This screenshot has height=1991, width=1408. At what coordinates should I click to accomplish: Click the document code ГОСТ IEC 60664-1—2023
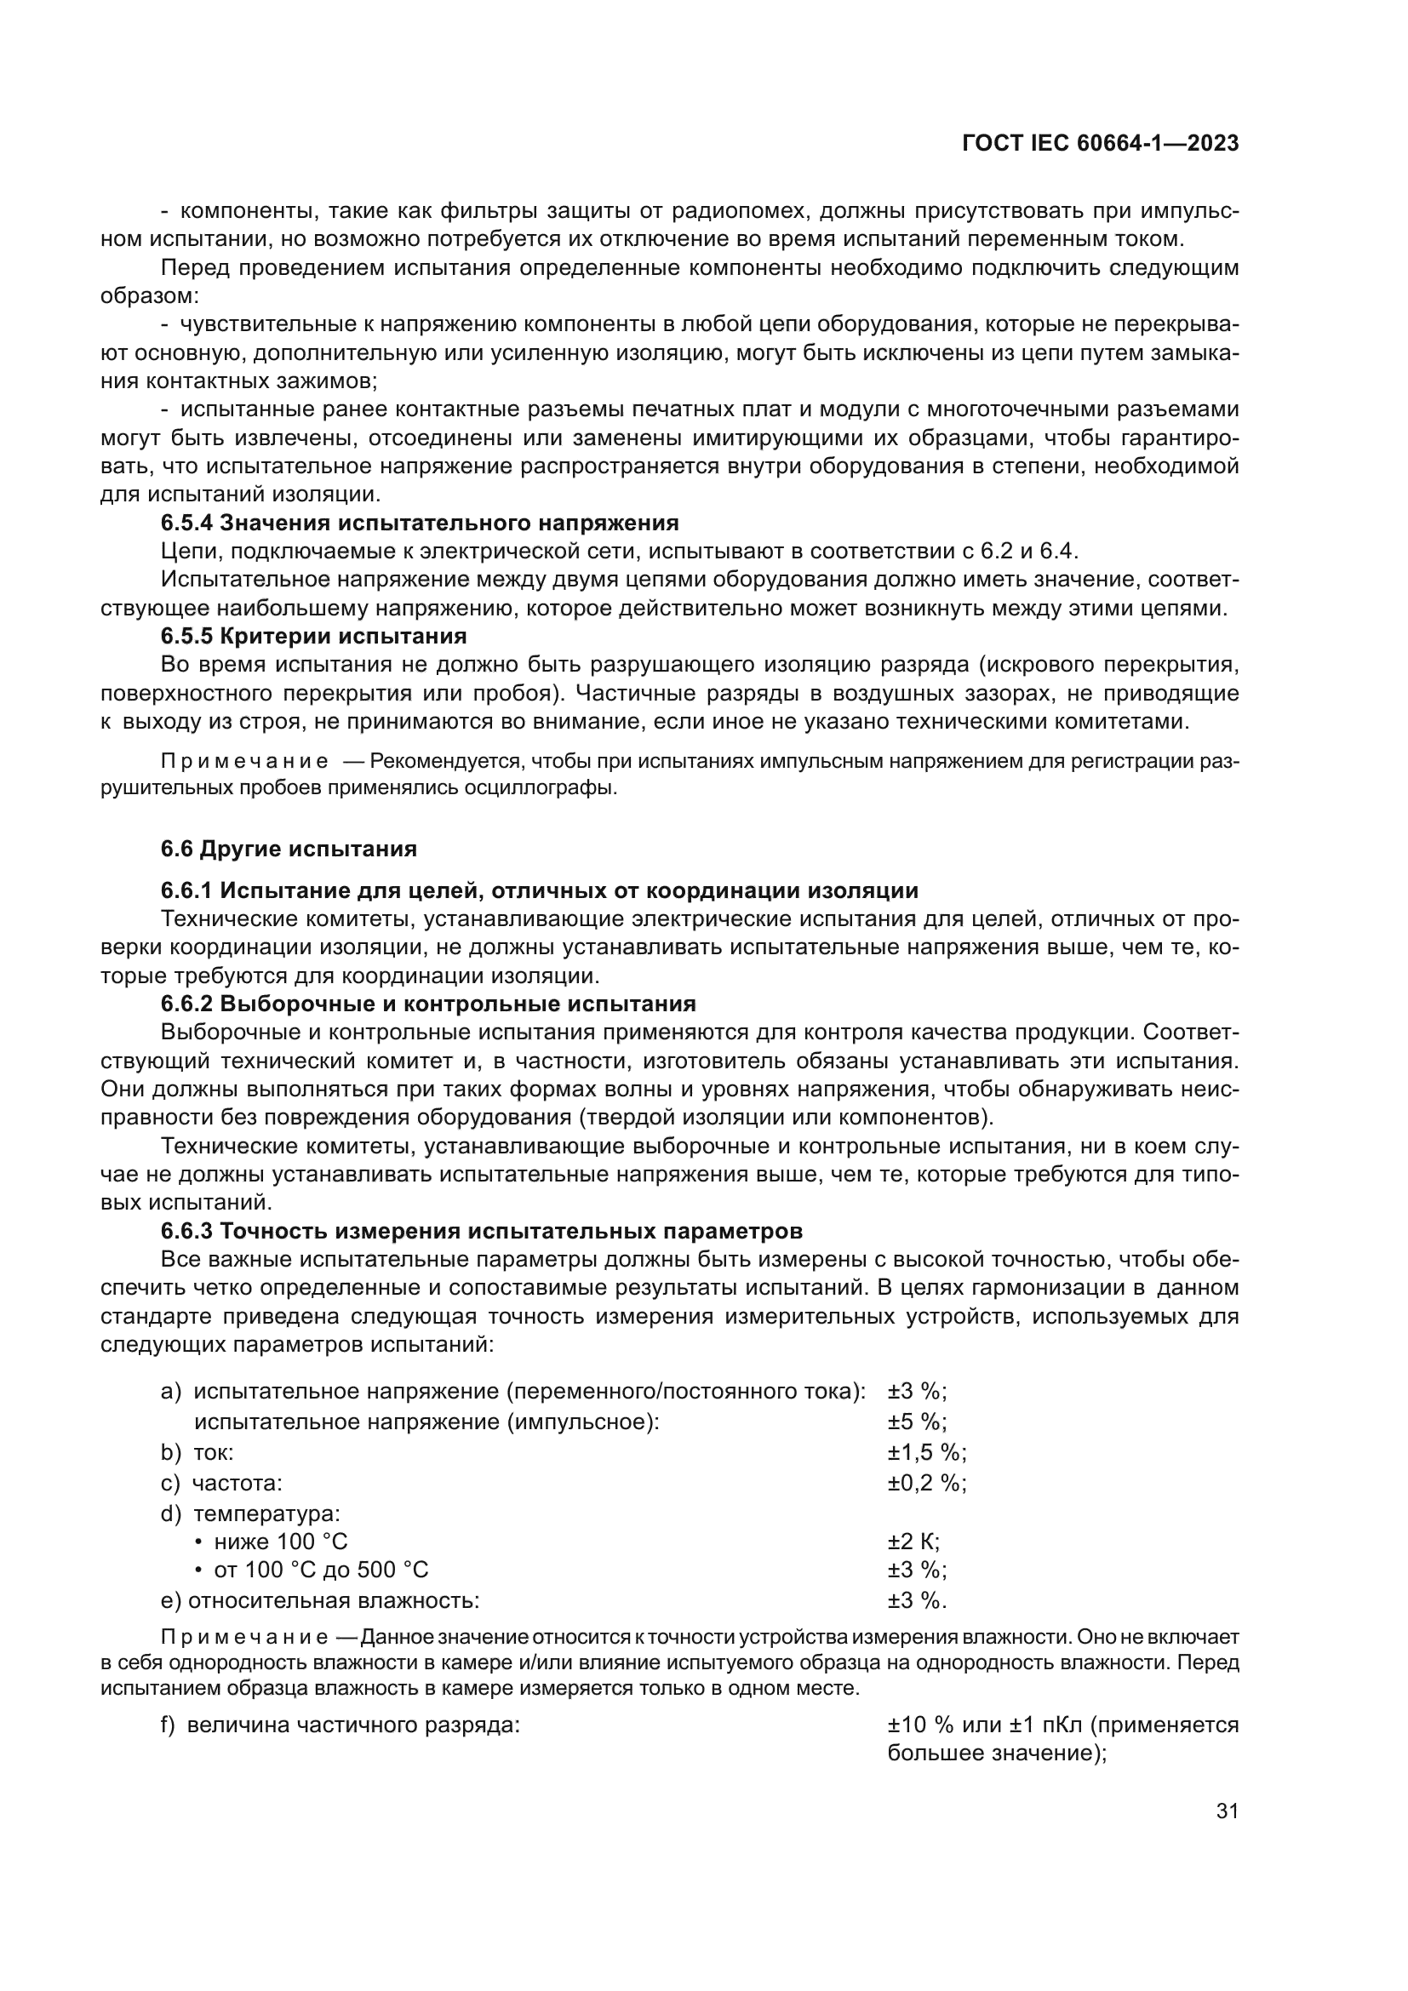[x=1100, y=144]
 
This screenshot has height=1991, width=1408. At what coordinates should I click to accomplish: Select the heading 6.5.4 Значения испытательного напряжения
[x=420, y=523]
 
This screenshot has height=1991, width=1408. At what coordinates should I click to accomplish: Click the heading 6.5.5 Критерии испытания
[x=314, y=637]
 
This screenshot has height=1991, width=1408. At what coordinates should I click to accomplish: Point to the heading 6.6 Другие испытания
[x=289, y=849]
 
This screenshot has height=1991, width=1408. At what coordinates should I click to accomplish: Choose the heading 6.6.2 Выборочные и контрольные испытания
[x=428, y=1004]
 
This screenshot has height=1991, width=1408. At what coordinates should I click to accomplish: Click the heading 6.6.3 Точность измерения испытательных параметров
[x=481, y=1232]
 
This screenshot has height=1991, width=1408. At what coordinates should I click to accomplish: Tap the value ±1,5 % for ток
[x=926, y=1452]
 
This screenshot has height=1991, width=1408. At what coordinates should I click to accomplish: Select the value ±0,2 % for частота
[x=926, y=1483]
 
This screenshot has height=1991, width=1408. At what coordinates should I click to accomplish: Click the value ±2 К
[x=913, y=1542]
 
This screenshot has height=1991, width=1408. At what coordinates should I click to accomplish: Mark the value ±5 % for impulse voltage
[x=917, y=1422]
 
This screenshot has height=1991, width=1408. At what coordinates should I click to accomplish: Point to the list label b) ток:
[x=197, y=1452]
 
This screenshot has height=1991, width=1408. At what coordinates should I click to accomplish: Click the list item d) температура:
[x=251, y=1513]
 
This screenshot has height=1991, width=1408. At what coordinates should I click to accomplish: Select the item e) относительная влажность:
[x=321, y=1601]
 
